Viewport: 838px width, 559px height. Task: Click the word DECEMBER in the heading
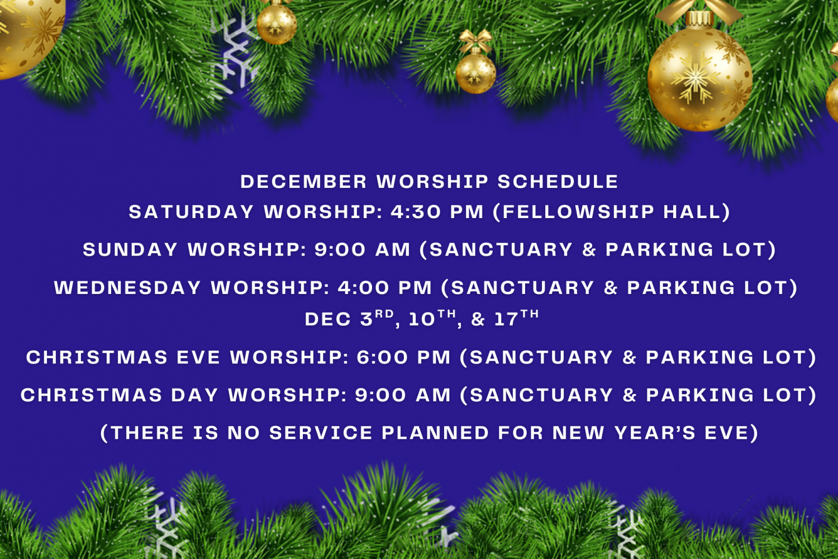(x=303, y=182)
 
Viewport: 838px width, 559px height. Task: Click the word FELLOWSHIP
(x=578, y=212)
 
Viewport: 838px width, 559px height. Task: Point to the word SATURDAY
(x=191, y=212)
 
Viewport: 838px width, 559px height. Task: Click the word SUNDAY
(x=130, y=250)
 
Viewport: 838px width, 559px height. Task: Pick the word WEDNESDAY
(x=127, y=288)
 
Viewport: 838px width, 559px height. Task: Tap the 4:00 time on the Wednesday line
(x=363, y=288)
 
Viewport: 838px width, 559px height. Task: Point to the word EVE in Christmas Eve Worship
(x=198, y=358)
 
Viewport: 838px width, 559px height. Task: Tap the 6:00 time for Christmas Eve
(x=382, y=358)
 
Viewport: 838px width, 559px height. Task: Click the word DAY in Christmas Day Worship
(x=194, y=395)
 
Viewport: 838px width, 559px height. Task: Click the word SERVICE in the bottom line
(x=321, y=433)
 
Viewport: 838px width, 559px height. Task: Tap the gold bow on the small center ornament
(x=475, y=40)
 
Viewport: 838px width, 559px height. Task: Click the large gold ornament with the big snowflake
(x=699, y=77)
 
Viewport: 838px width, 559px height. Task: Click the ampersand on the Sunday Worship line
(x=589, y=250)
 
